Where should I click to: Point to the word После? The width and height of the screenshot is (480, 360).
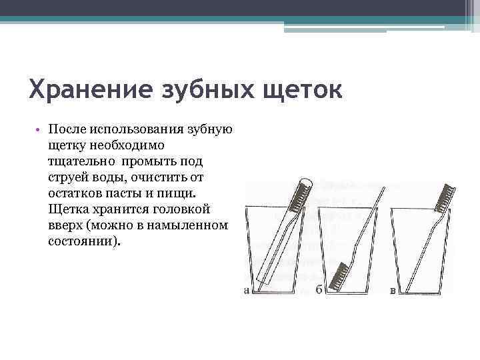click(66, 129)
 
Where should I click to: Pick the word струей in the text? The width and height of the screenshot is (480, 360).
click(68, 177)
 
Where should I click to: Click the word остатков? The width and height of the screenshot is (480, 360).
click(75, 193)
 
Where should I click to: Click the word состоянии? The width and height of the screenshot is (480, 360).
click(83, 241)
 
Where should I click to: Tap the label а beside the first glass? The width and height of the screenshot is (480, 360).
click(247, 291)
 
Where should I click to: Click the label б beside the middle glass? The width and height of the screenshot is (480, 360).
click(319, 291)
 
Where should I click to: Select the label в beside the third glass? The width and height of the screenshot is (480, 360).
click(393, 291)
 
